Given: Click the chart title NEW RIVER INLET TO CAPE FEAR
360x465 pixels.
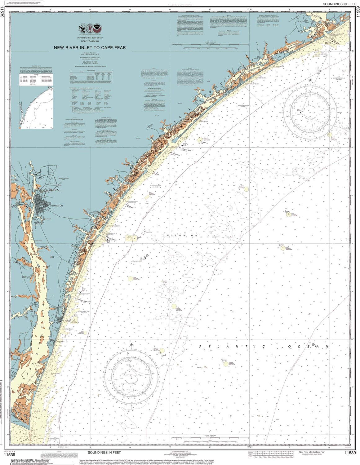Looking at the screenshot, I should pos(90,47).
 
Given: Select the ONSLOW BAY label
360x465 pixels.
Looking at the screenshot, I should pos(181,236).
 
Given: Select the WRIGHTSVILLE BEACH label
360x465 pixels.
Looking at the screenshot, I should pos(113,226).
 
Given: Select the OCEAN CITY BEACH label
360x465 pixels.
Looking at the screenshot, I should pos(260,78).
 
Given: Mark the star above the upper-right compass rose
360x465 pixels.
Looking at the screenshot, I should pos(310,80).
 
